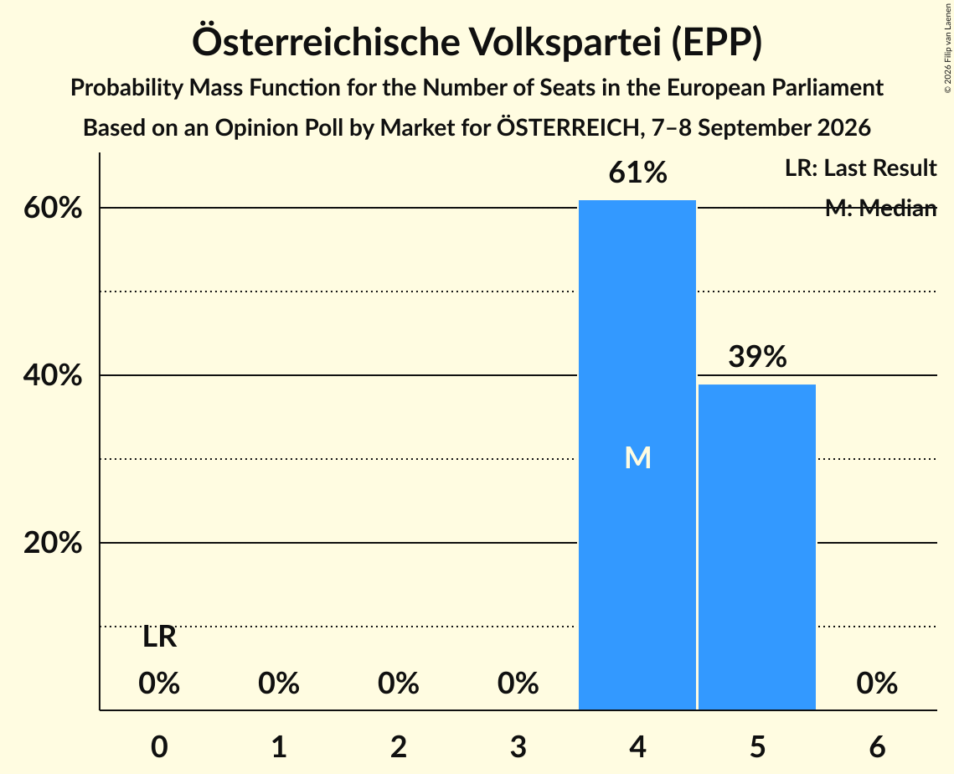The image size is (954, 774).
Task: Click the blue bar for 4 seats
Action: tap(637, 455)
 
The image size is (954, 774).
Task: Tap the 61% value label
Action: tap(637, 173)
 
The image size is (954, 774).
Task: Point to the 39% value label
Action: tap(757, 356)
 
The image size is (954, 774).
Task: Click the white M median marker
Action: tap(637, 457)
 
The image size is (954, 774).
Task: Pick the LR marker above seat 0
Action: tap(159, 637)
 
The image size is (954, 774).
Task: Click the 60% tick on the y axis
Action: tap(53, 208)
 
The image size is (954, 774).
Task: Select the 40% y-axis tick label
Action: tap(53, 375)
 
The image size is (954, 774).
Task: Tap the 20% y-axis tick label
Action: tap(53, 543)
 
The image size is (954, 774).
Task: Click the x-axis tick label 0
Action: tap(159, 746)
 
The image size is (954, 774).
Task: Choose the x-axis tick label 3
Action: tap(518, 746)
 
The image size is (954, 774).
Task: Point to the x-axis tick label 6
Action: tap(877, 746)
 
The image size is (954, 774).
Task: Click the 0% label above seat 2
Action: tap(399, 684)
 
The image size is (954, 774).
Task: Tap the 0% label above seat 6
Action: tap(877, 684)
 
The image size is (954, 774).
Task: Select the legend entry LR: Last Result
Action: tap(860, 168)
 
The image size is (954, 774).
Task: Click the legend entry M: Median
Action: tap(880, 208)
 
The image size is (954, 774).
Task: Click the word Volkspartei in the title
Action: tap(565, 42)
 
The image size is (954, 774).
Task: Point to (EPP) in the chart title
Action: tap(717, 43)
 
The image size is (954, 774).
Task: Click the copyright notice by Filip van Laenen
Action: tap(948, 49)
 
